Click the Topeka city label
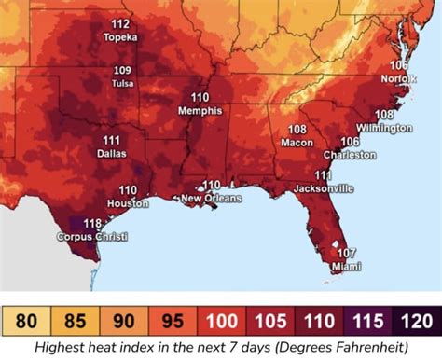point(121,37)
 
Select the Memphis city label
point(200,110)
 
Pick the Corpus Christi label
point(91,237)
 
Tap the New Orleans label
point(211,198)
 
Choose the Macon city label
point(297,143)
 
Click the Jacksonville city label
point(322,187)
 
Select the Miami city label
point(346,265)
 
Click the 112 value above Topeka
point(120,23)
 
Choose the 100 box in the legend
point(220,324)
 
